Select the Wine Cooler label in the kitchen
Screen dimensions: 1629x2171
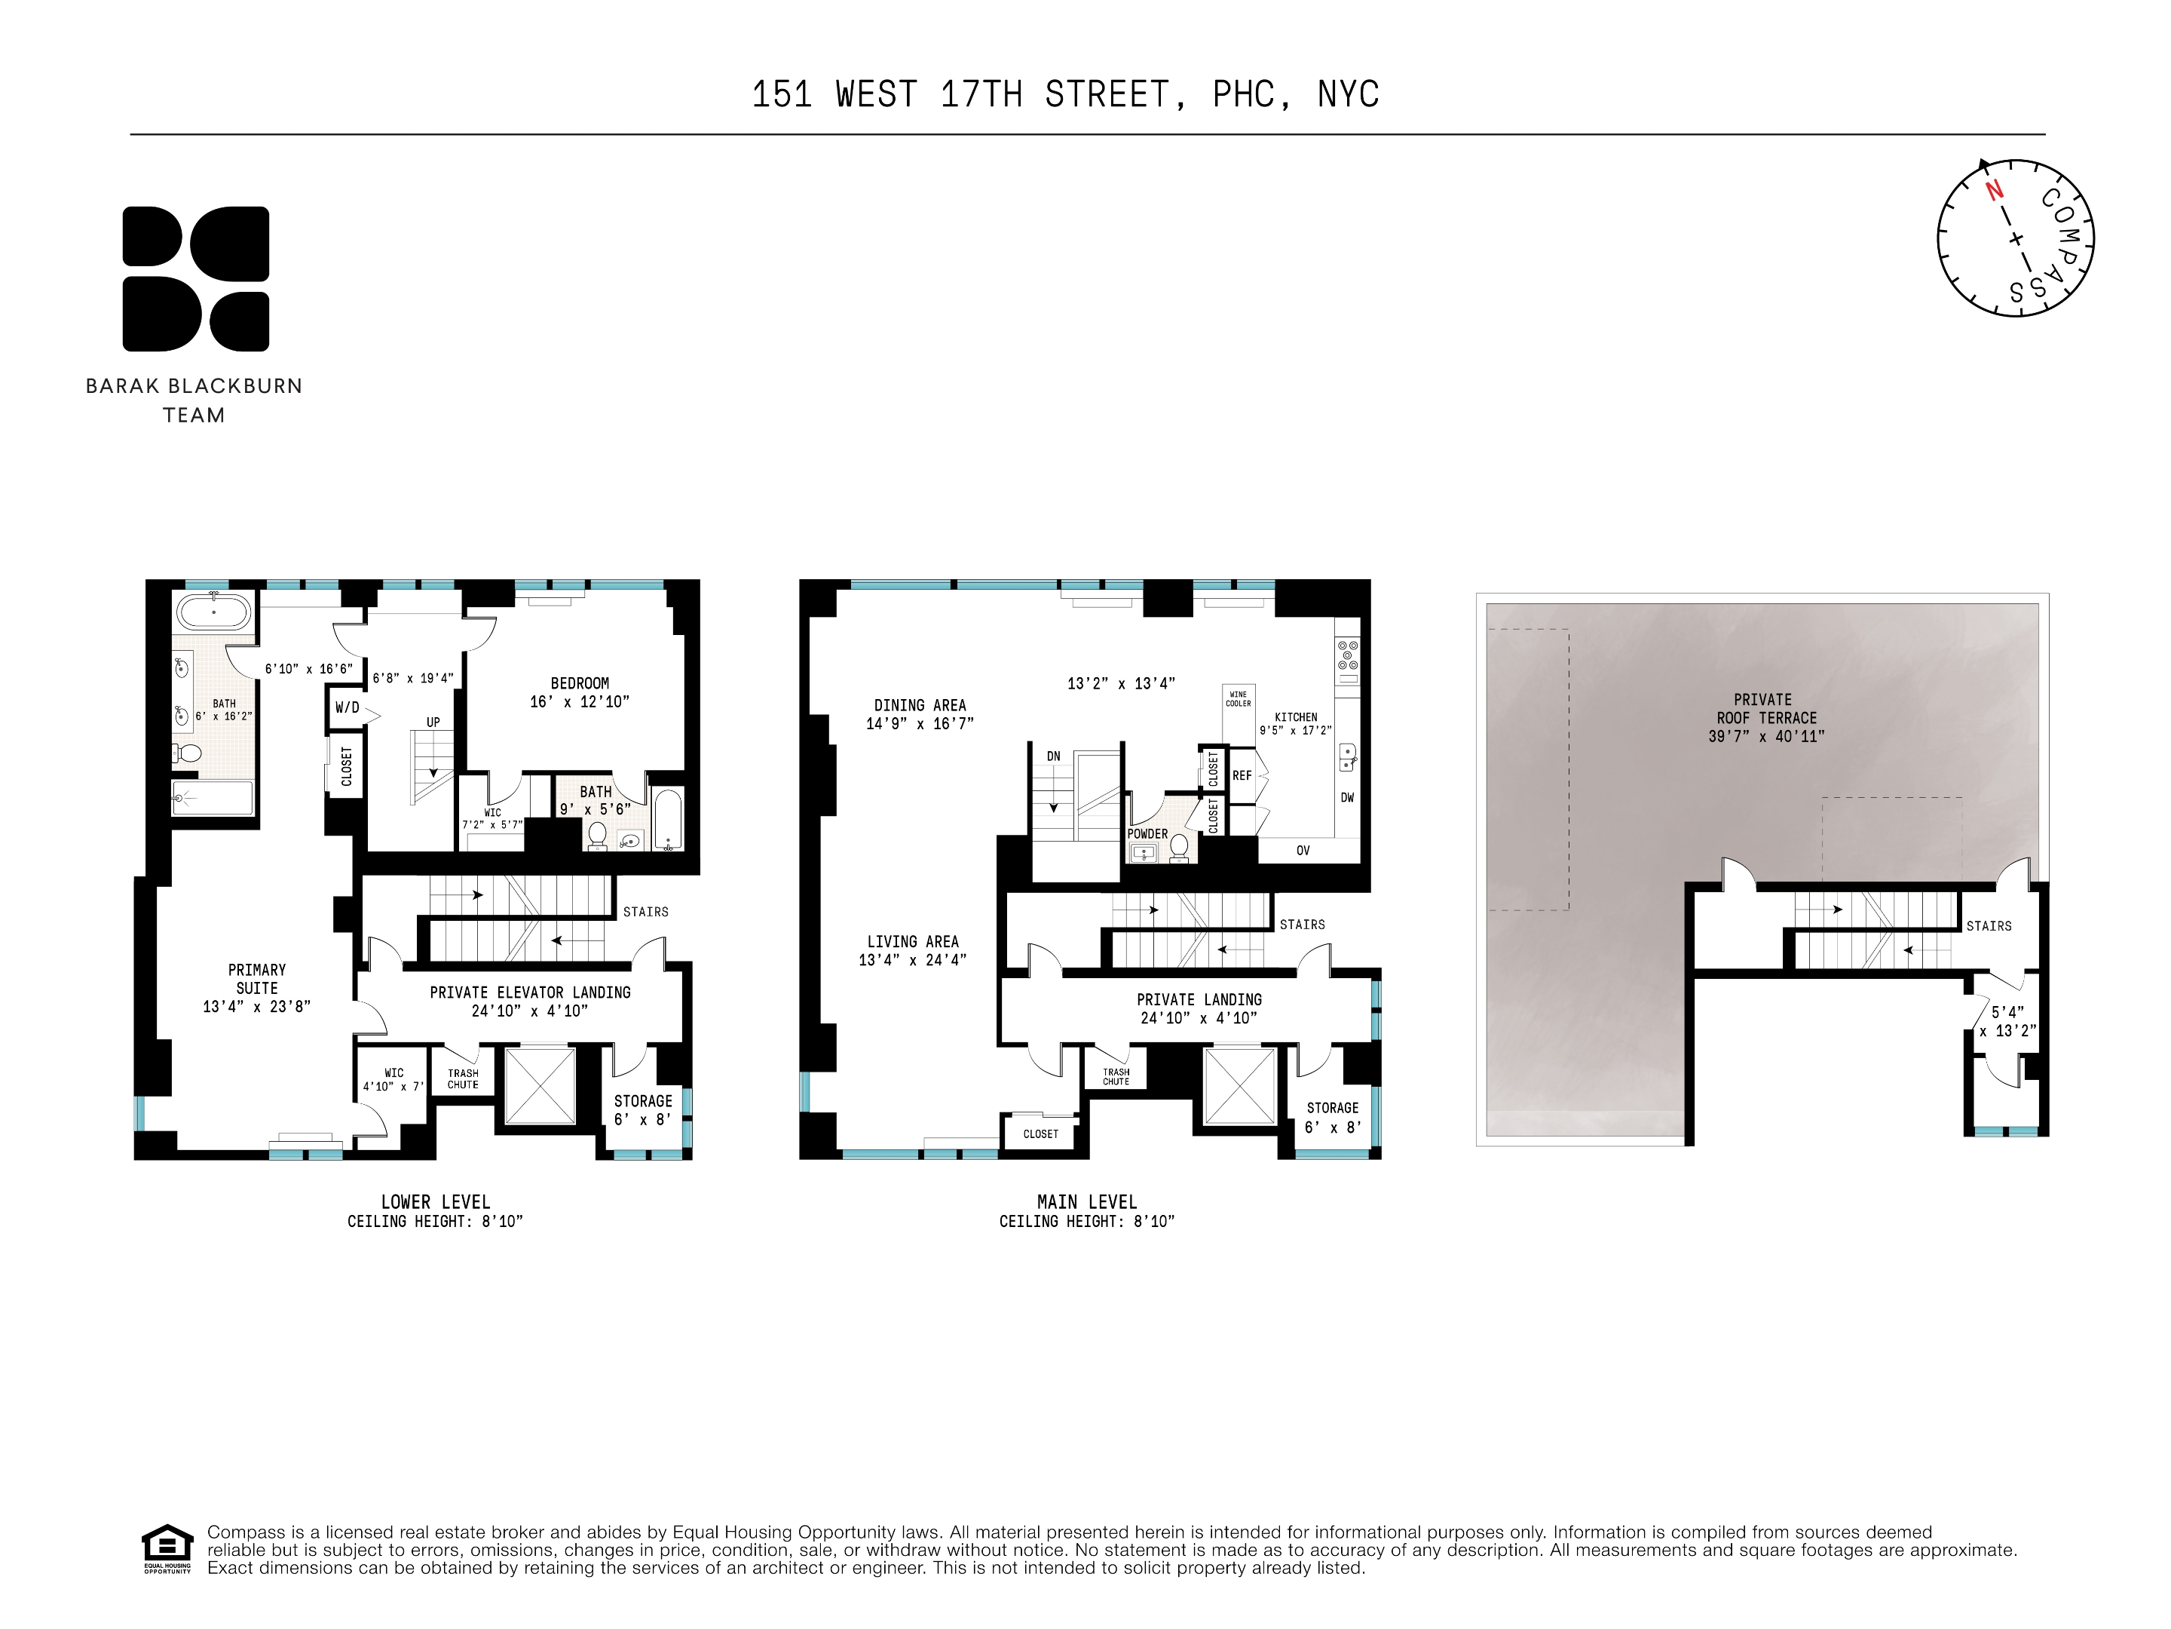(1239, 699)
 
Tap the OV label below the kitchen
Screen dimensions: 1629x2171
(1303, 851)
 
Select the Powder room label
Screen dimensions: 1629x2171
(1147, 833)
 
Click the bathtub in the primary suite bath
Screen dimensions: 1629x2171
(214, 612)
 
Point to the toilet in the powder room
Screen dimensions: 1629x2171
(1179, 845)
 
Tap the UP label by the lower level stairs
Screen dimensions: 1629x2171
(433, 722)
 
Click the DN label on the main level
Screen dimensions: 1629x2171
(1053, 757)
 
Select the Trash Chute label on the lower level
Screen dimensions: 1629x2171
(464, 1079)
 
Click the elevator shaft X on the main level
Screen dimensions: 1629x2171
(1239, 1086)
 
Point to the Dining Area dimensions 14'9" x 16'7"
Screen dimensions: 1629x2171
(920, 724)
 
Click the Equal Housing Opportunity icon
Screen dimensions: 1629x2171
(167, 1548)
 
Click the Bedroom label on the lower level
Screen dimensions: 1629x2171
(579, 683)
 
